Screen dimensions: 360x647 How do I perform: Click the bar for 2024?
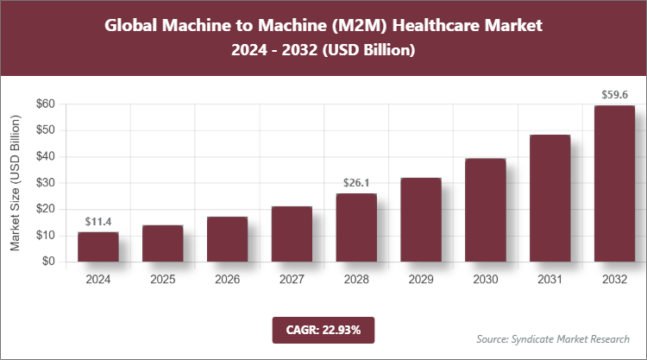pos(98,247)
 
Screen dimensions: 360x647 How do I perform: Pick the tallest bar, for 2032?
pos(614,183)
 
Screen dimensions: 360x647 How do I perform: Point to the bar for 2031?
pos(550,198)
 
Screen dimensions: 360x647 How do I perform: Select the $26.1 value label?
pos(356,183)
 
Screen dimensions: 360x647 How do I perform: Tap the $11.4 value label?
pos(98,222)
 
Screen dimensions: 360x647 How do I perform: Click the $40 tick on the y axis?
pos(44,156)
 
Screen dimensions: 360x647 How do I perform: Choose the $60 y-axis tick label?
pos(44,104)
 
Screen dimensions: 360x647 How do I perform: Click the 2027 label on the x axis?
pos(292,280)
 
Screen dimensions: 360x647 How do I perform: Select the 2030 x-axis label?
pos(485,280)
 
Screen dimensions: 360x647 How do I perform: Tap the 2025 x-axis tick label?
pos(162,280)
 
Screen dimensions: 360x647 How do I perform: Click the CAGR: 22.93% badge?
pos(323,329)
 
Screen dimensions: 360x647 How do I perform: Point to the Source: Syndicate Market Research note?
pos(553,338)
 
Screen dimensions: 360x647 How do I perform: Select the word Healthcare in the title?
pos(443,25)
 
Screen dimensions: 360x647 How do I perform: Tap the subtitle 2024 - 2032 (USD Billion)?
pos(323,51)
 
